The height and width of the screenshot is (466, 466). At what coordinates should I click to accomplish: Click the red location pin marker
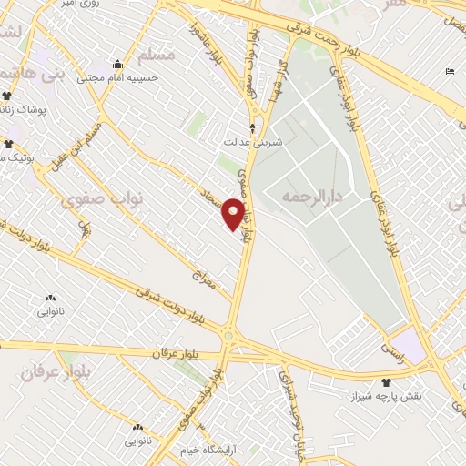(234, 213)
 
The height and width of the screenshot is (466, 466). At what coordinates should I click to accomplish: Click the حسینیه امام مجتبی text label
(118, 78)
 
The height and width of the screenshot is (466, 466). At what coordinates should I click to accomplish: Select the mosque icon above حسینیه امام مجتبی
(118, 64)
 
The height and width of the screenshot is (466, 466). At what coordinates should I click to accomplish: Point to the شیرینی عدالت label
(254, 143)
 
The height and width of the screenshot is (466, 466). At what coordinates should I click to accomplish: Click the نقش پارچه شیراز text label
(387, 398)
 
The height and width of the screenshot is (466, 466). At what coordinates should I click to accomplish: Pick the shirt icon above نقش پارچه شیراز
(387, 382)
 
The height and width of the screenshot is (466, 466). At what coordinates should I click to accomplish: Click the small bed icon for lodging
(450, 71)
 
